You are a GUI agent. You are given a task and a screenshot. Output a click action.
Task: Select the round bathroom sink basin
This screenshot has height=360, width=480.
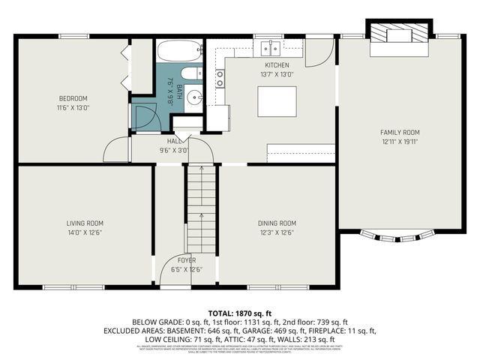pos(194,96)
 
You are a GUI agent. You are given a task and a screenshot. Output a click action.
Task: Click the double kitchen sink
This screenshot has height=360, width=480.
pos(269,50)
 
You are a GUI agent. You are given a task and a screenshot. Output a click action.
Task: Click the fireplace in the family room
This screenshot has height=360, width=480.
pos(397,34)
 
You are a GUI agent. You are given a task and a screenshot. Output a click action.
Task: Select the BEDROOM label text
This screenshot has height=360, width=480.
pos(73,98)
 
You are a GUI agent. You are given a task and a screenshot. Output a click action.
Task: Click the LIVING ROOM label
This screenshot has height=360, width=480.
pos(84,223)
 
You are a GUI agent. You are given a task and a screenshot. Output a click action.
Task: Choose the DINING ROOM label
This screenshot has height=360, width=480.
pos(277,223)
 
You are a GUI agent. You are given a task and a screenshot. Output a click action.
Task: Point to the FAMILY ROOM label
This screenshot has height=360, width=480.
pos(400,132)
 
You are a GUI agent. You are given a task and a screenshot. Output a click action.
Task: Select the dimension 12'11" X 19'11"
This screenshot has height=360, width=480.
pos(400,141)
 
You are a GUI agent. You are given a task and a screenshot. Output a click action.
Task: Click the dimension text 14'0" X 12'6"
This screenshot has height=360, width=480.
pos(84,232)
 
